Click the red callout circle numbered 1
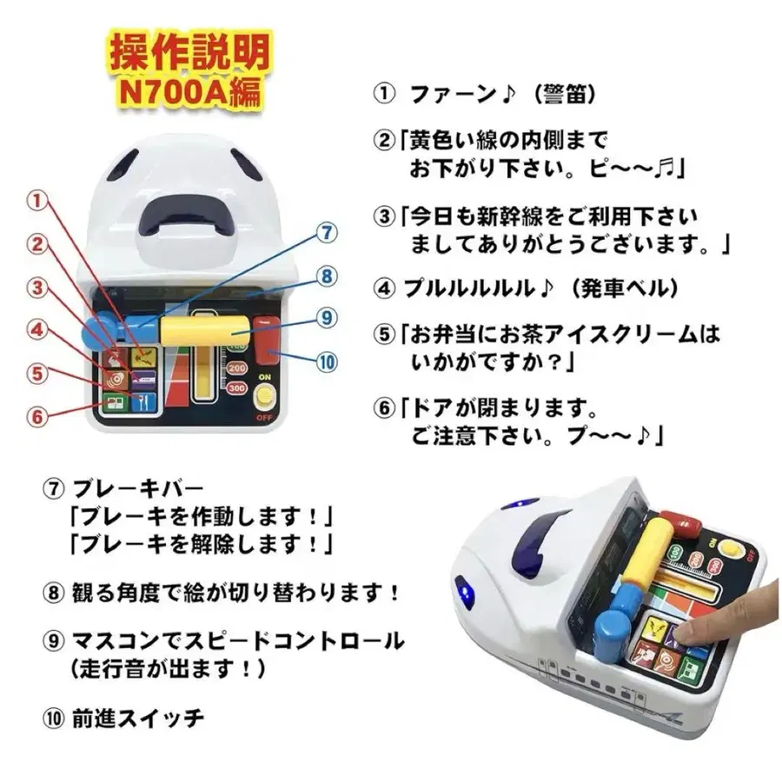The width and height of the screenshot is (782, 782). coord(37,202)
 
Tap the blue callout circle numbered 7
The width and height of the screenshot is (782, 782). coord(325,234)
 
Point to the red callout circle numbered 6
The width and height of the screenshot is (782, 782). coord(36,415)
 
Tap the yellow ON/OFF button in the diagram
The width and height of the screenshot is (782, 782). coord(263,398)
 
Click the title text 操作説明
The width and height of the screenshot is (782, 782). coord(189,54)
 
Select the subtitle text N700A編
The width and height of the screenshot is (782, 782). coord(189,90)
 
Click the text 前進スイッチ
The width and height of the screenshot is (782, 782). coord(139,718)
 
